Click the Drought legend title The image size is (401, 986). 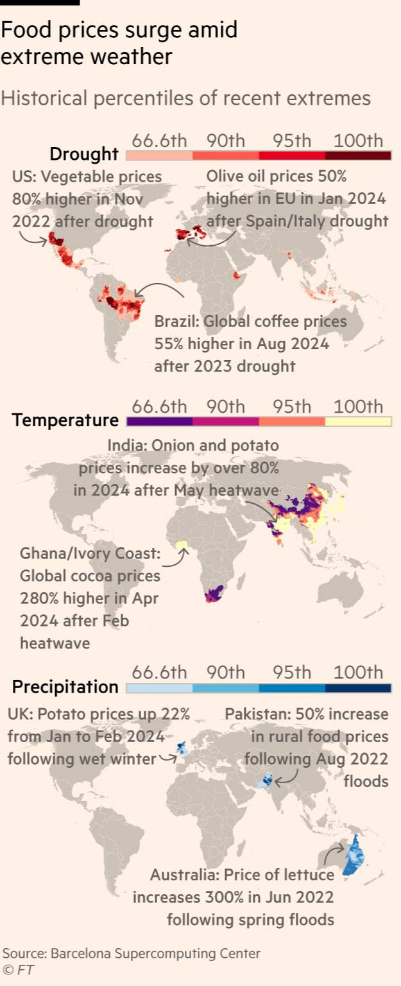click(84, 154)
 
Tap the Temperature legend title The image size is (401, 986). click(65, 420)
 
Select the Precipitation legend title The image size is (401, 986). click(65, 687)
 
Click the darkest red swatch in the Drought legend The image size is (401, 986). click(358, 155)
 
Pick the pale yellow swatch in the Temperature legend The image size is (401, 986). click(358, 422)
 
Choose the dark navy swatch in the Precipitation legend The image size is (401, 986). click(358, 688)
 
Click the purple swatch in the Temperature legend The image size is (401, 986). click(160, 422)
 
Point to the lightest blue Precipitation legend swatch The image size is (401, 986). click(160, 688)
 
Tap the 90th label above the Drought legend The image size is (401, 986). click(226, 141)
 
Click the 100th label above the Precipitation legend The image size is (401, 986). click(358, 673)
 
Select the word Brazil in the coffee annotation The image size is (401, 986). click(175, 322)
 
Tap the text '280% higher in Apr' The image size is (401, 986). click(89, 598)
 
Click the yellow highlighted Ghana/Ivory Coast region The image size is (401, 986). click(182, 546)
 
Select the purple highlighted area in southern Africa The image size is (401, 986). click(214, 594)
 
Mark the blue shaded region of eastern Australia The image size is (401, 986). click(353, 857)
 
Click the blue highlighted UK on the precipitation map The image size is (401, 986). click(182, 748)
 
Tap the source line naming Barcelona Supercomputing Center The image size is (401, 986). click(131, 953)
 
